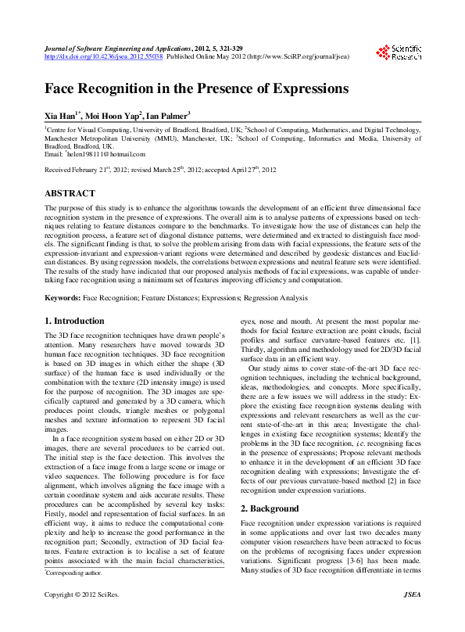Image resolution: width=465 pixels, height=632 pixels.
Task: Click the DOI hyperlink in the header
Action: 103,57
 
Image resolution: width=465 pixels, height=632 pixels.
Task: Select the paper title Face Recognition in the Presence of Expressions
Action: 196,88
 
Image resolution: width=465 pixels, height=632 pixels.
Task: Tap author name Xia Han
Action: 61,114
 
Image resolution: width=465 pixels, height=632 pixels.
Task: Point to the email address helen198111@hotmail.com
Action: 106,155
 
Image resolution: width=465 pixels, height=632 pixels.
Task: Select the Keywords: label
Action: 63,298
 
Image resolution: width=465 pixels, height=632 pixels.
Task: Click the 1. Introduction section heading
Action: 74,321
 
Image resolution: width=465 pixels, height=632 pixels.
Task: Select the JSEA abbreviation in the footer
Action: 412,618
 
